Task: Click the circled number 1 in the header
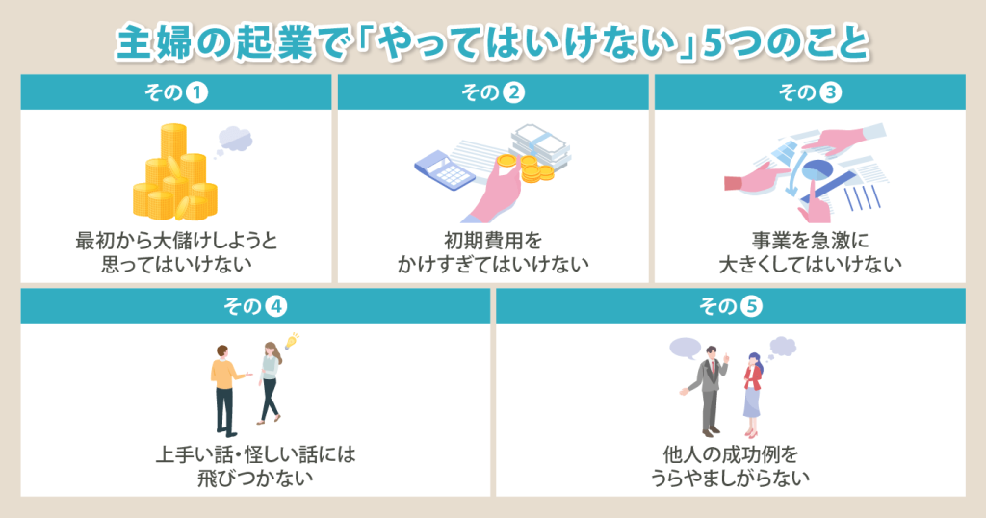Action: (196, 93)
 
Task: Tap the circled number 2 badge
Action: (513, 93)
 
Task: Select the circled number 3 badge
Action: (830, 93)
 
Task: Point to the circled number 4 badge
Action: (275, 307)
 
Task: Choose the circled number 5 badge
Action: (751, 307)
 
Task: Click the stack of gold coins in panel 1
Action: (175, 173)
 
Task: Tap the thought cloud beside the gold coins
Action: (234, 140)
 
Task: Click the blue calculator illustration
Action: (444, 168)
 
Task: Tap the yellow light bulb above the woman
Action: (291, 341)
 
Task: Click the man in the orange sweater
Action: (226, 390)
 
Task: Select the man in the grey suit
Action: (708, 391)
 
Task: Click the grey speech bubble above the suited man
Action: (686, 348)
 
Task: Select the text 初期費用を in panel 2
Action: (493, 240)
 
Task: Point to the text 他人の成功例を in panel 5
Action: (731, 453)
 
